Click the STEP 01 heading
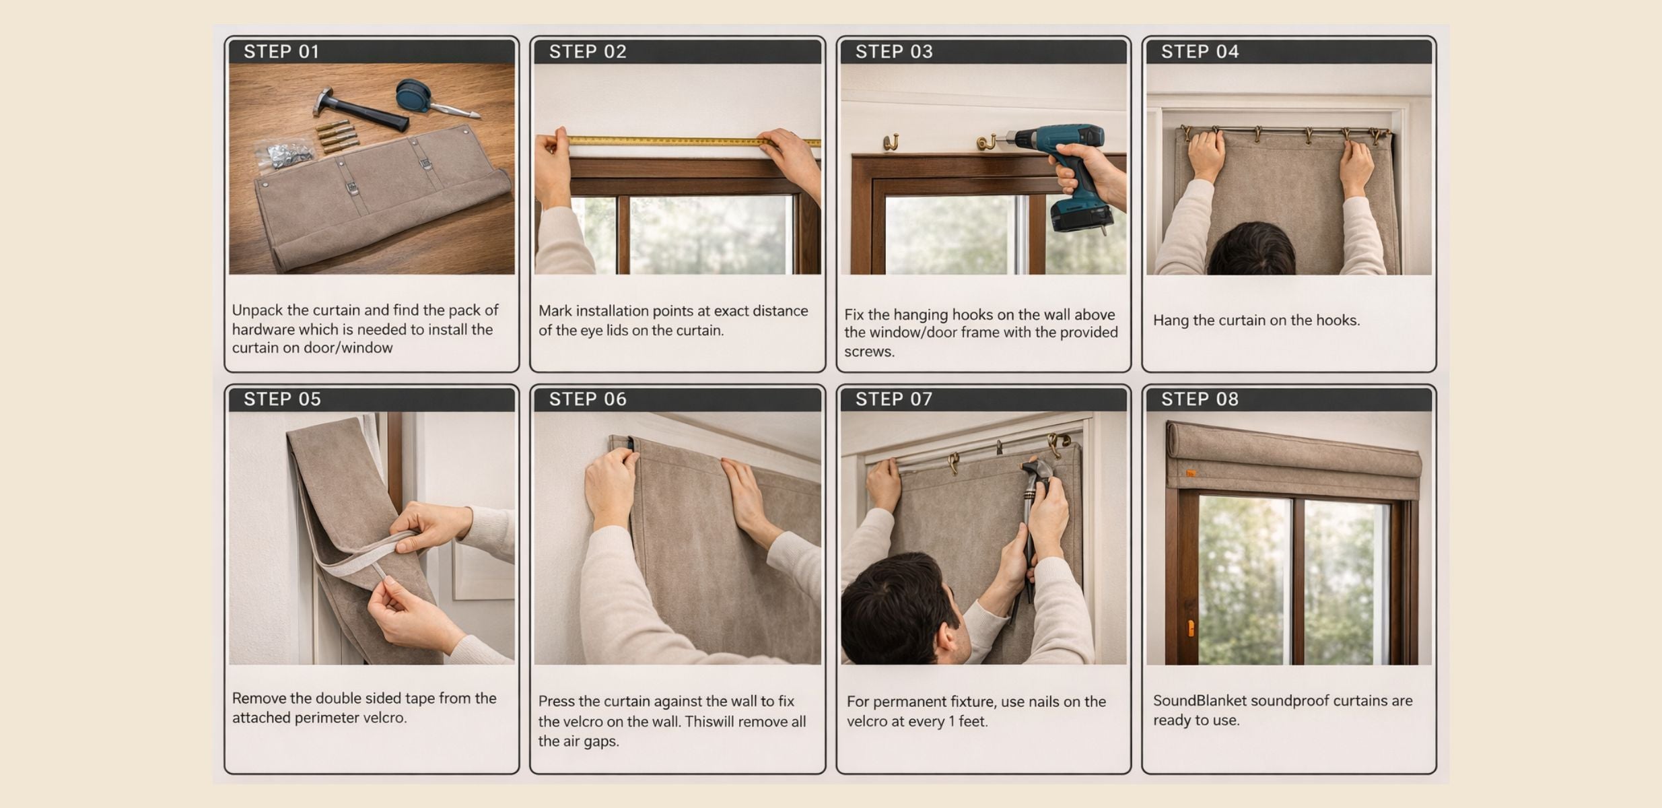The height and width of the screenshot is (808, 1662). coord(281,52)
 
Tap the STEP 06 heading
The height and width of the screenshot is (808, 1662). coord(588,399)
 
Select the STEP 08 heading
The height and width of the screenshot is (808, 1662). coord(1200,399)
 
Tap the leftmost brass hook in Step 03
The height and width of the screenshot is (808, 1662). coord(891,143)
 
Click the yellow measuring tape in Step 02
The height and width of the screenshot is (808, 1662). coord(693,141)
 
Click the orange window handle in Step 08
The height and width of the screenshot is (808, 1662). coord(1190,628)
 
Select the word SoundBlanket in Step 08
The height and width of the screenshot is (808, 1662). coord(1196,701)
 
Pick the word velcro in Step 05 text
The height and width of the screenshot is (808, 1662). coord(386,718)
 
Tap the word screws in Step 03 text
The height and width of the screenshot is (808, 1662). coord(869,351)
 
